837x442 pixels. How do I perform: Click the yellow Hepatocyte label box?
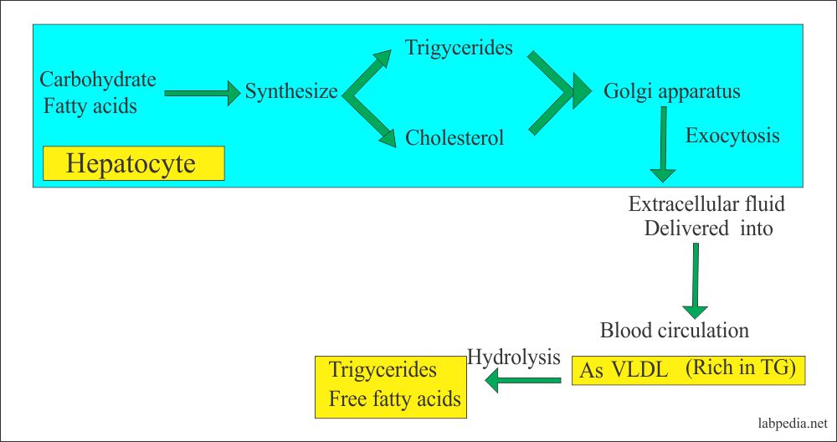tap(134, 163)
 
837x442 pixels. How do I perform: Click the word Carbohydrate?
tap(98, 80)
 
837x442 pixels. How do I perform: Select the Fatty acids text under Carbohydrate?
tap(89, 106)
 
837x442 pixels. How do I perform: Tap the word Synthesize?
tap(291, 91)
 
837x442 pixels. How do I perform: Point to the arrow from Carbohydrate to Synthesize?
tap(202, 93)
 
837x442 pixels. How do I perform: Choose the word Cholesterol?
tap(454, 137)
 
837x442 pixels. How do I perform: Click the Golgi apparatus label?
tap(672, 91)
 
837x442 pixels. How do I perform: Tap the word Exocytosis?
tap(732, 136)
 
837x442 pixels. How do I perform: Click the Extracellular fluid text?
tap(706, 203)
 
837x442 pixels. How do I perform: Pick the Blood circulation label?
tap(675, 330)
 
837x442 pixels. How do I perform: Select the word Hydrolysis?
tap(513, 357)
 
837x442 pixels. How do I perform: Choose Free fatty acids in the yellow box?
tap(395, 398)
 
